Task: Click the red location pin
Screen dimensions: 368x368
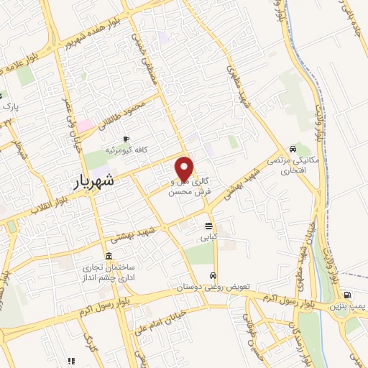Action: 185,168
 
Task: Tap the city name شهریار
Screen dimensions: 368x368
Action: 96,182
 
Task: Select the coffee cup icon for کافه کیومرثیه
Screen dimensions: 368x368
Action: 126,139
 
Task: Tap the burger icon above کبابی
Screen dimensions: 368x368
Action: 208,225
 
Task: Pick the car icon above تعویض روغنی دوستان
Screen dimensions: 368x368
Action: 213,276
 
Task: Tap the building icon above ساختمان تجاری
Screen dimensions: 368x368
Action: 109,257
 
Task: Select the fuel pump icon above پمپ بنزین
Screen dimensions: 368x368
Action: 348,295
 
